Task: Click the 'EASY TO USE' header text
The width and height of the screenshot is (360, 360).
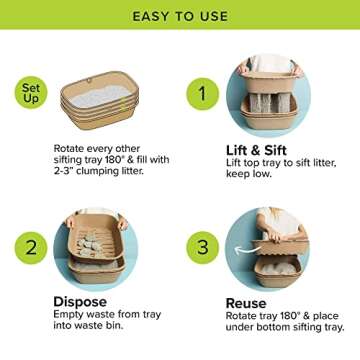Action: click(x=180, y=17)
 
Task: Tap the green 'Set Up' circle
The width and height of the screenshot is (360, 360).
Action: click(x=32, y=93)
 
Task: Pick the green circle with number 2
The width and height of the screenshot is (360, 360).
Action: click(x=32, y=248)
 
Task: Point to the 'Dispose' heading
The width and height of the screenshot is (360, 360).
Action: click(x=81, y=301)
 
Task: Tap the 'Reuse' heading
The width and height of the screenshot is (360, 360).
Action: click(x=246, y=302)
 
